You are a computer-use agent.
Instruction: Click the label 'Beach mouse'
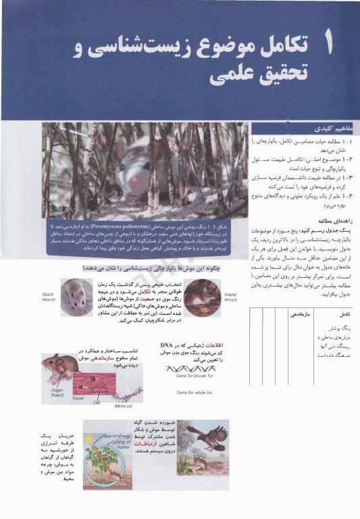coord(48,297)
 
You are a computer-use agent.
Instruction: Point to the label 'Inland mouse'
coord(230,297)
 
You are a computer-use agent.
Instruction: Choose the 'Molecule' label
coord(124,405)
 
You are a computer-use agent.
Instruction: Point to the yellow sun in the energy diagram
coord(91,430)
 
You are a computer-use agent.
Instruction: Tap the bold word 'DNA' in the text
coord(167,345)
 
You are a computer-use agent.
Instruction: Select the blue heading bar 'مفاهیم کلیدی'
coord(304,128)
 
